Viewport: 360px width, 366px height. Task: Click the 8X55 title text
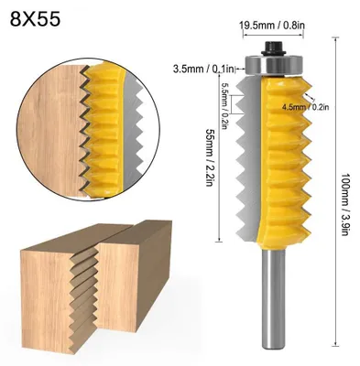tap(35, 19)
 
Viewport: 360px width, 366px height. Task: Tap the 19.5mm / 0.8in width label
tap(272, 26)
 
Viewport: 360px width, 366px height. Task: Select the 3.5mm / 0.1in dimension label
tap(203, 69)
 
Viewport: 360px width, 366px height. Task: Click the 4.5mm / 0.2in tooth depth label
tap(305, 107)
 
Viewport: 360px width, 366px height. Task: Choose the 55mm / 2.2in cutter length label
tap(209, 157)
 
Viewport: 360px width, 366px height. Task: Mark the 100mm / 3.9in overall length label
tap(344, 205)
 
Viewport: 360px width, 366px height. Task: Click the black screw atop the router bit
tap(273, 48)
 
